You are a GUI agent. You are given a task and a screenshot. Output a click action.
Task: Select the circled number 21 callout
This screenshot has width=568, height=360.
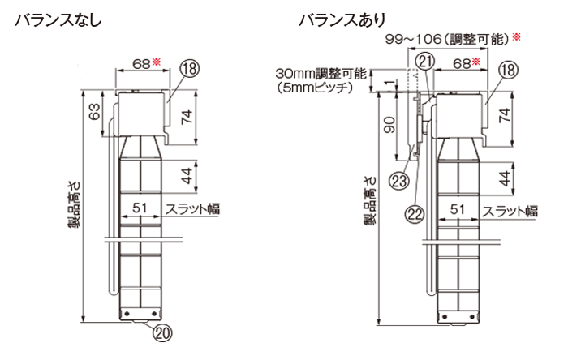(424, 62)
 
